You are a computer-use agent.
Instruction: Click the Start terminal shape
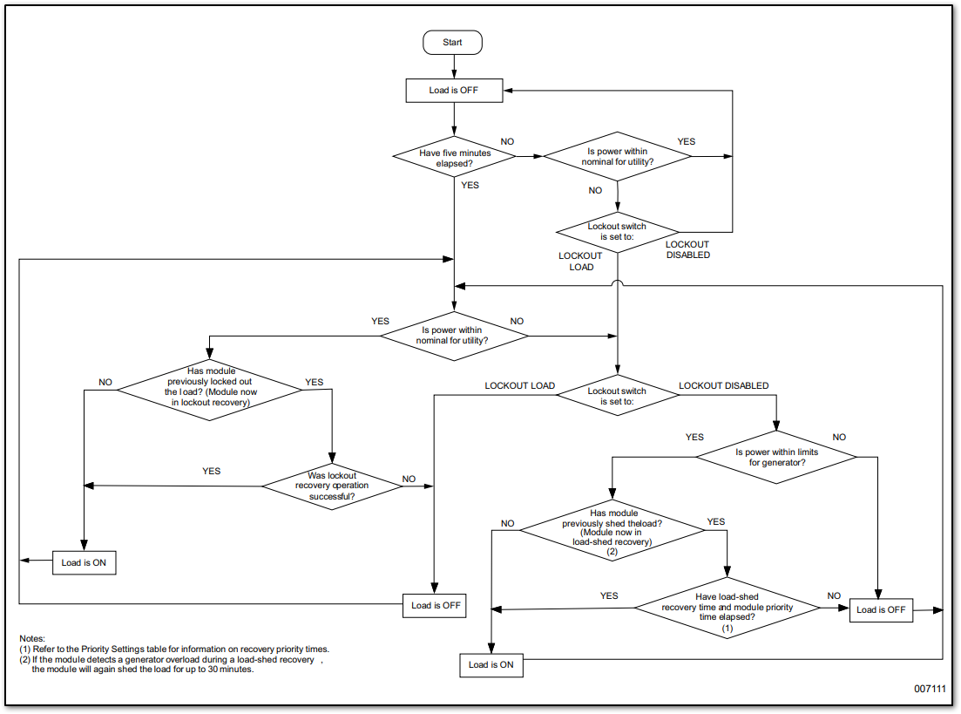[452, 42]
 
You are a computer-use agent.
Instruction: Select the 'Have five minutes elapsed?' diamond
[455, 158]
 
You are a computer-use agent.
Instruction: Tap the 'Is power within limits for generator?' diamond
[776, 457]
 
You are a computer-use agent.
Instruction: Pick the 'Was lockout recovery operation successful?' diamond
[332, 486]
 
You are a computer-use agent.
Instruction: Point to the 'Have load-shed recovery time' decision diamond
[728, 607]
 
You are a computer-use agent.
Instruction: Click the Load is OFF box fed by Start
[454, 91]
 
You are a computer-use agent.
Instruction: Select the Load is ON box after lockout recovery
[84, 562]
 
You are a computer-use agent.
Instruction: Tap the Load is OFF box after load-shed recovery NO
[881, 609]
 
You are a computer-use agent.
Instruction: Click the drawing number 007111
[930, 688]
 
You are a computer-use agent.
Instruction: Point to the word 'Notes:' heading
[31, 639]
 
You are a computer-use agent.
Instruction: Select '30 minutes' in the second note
[228, 670]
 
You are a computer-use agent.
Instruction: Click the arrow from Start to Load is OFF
[454, 66]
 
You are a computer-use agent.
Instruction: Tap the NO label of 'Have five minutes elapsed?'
[507, 141]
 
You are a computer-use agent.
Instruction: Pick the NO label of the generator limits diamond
[839, 437]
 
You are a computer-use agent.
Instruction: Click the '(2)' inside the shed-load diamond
[612, 552]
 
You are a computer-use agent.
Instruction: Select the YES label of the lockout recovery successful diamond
[211, 471]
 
